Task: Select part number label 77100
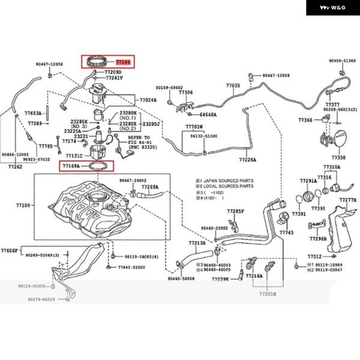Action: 23,205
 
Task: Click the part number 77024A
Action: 148,100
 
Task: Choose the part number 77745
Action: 287,232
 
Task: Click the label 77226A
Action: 247,160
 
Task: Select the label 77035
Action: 233,86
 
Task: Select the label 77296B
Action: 318,238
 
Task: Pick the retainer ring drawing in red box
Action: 98,61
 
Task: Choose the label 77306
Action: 185,92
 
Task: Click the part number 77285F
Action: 235,211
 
